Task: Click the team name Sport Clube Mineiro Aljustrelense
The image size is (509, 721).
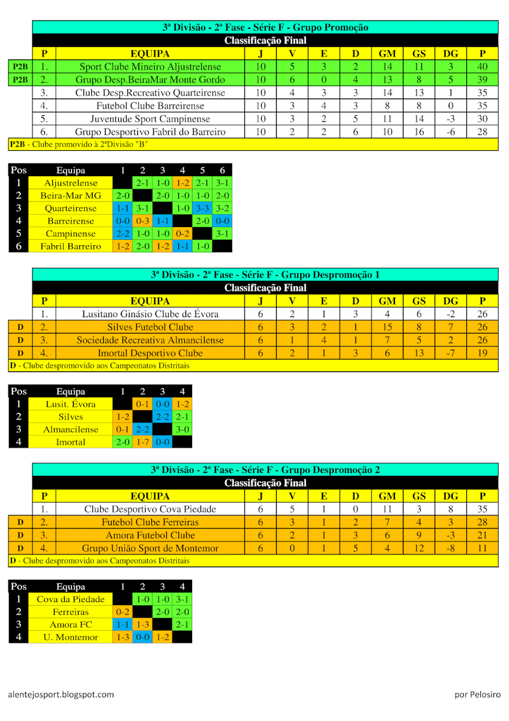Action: pyautogui.click(x=150, y=67)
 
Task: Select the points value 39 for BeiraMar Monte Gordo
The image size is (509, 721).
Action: pyautogui.click(x=483, y=80)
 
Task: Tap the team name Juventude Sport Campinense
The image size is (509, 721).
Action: pyautogui.click(x=150, y=119)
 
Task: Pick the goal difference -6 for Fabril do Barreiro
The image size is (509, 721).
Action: pyautogui.click(x=451, y=132)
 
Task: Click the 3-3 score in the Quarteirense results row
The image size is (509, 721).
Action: pyautogui.click(x=202, y=208)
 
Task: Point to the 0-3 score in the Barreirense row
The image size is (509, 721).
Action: pyautogui.click(x=142, y=221)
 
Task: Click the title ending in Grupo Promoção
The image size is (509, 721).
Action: pyautogui.click(x=265, y=27)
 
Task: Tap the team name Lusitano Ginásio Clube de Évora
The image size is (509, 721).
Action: pyautogui.click(x=150, y=314)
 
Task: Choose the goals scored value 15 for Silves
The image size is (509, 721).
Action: pyautogui.click(x=387, y=327)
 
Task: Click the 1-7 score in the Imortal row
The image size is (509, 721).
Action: pyautogui.click(x=142, y=442)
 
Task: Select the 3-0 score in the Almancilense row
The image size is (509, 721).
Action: pyautogui.click(x=182, y=429)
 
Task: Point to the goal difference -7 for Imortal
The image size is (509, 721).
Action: pyautogui.click(x=451, y=353)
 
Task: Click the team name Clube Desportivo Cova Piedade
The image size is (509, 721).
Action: pyautogui.click(x=150, y=509)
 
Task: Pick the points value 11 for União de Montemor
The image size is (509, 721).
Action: pyautogui.click(x=483, y=548)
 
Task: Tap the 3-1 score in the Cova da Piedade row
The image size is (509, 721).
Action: pyautogui.click(x=182, y=599)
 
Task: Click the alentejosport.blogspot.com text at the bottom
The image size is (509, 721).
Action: pyautogui.click(x=61, y=695)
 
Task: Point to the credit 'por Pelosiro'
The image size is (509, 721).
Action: pyautogui.click(x=477, y=695)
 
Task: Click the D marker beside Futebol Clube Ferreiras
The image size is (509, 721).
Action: pyautogui.click(x=20, y=522)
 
